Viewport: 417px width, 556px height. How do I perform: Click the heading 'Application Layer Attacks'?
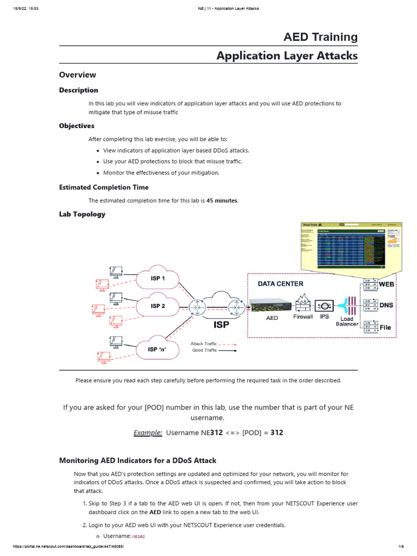coord(287,56)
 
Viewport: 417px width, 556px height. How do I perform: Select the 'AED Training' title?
coord(320,37)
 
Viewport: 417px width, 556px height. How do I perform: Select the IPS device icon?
coord(324,305)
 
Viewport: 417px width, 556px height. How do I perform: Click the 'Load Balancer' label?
coord(347,321)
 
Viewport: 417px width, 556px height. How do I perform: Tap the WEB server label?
coord(386,285)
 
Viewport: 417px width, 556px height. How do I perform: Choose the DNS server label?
coord(386,306)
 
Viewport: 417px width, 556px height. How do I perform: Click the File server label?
coord(385,327)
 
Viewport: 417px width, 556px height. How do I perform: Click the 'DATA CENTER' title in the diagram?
coord(280,283)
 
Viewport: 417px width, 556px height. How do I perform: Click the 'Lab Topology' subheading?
coord(82,214)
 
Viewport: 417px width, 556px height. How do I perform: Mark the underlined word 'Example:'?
coord(148,433)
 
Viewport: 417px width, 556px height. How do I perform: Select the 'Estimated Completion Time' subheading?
coord(104,187)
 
